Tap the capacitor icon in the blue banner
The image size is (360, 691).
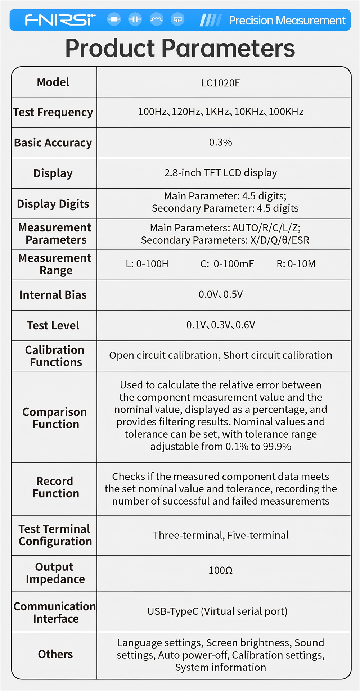point(135,19)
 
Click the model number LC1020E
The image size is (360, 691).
point(220,83)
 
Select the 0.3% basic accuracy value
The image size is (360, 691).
point(220,142)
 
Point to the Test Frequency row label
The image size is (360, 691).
point(53,112)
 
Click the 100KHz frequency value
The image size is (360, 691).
point(286,112)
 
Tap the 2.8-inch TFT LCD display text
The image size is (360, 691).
point(220,173)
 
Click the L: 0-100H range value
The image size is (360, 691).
point(147,264)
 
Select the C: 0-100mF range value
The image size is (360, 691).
point(227,264)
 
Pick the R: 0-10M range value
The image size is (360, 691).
point(296,264)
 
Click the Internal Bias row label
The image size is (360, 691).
point(53,295)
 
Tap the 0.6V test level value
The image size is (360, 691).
point(245,325)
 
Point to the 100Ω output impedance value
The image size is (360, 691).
point(220,570)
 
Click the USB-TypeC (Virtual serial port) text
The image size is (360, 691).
point(217,611)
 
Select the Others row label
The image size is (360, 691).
point(55,654)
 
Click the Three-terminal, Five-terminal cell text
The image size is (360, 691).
point(220,535)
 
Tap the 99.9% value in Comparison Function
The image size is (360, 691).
point(277,447)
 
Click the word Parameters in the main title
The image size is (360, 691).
point(228,48)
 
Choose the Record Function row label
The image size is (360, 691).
point(55,487)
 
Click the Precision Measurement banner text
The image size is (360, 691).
point(287,21)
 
